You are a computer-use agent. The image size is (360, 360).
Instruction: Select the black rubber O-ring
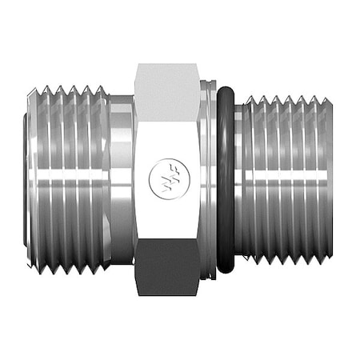[226, 180]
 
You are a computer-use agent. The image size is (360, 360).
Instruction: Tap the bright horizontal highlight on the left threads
[68, 153]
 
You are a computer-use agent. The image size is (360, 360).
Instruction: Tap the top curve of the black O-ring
[226, 90]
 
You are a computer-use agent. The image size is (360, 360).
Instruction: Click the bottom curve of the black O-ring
[226, 269]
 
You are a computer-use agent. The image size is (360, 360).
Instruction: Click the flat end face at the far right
[328, 180]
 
